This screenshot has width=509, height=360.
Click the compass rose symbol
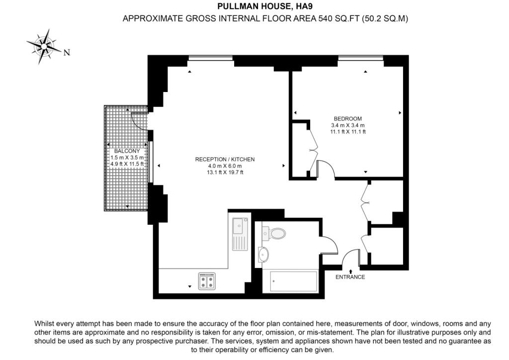pos(44,46)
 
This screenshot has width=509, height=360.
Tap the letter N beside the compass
pos(67,52)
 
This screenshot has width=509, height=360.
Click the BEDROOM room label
pos(347,119)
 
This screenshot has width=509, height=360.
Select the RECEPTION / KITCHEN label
pos(225,160)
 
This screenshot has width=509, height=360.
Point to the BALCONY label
pos(127,151)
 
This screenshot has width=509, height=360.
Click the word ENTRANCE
pos(350,277)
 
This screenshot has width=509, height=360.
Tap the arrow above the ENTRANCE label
pos(350,271)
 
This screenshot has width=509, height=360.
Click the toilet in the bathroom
pos(274,233)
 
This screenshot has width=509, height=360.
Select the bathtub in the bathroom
pos(294,281)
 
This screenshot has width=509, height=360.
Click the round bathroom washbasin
pos(263,254)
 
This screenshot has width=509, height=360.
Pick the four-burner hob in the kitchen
pos(207,281)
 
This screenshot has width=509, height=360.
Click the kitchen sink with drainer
pos(240,234)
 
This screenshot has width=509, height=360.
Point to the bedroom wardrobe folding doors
pos(313,150)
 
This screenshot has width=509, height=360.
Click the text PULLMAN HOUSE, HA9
pos(265,6)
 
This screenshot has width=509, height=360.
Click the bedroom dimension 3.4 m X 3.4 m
pos(347,125)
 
